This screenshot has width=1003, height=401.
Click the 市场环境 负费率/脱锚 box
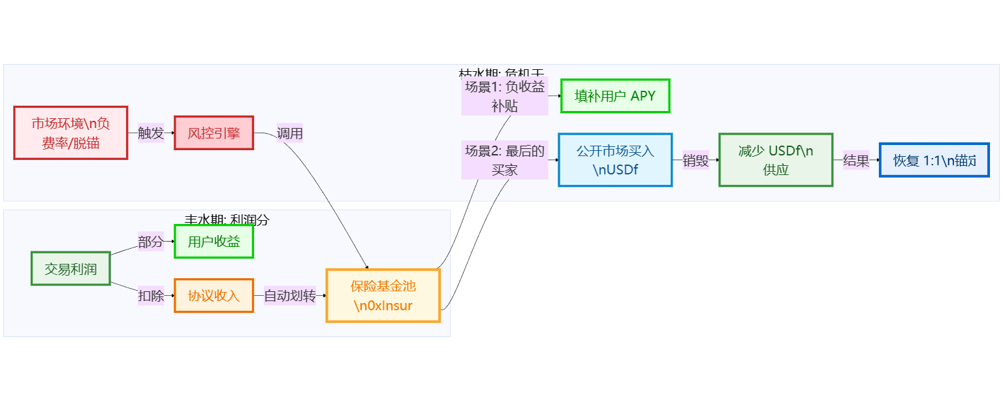pos(71,133)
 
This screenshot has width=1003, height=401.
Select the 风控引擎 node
pos(214,133)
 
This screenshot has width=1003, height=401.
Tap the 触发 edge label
pos(151,133)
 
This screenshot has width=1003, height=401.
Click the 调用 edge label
pos(289,133)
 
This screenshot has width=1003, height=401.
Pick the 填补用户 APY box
pos(614,96)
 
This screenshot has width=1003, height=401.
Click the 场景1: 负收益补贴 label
pos(504,96)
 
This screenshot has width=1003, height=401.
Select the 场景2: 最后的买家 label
pos(504,160)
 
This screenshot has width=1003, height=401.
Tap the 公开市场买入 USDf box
pos(614,160)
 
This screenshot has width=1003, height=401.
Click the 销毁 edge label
pos(695,160)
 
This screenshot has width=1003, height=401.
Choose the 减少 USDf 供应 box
pos(775,160)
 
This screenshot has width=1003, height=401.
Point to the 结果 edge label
pos(856,160)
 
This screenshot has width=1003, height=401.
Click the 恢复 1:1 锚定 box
pos(934,160)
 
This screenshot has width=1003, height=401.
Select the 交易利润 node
pos(71,268)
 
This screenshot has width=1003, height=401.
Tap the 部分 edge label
pos(151,242)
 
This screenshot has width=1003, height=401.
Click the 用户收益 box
pos(214,242)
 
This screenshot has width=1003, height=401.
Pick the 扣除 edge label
pos(151,295)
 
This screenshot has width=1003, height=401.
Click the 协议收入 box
pos(214,295)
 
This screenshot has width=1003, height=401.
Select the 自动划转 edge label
pos(289,295)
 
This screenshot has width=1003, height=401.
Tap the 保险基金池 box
pos(383,295)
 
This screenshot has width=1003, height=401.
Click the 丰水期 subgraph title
pos(227,219)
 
